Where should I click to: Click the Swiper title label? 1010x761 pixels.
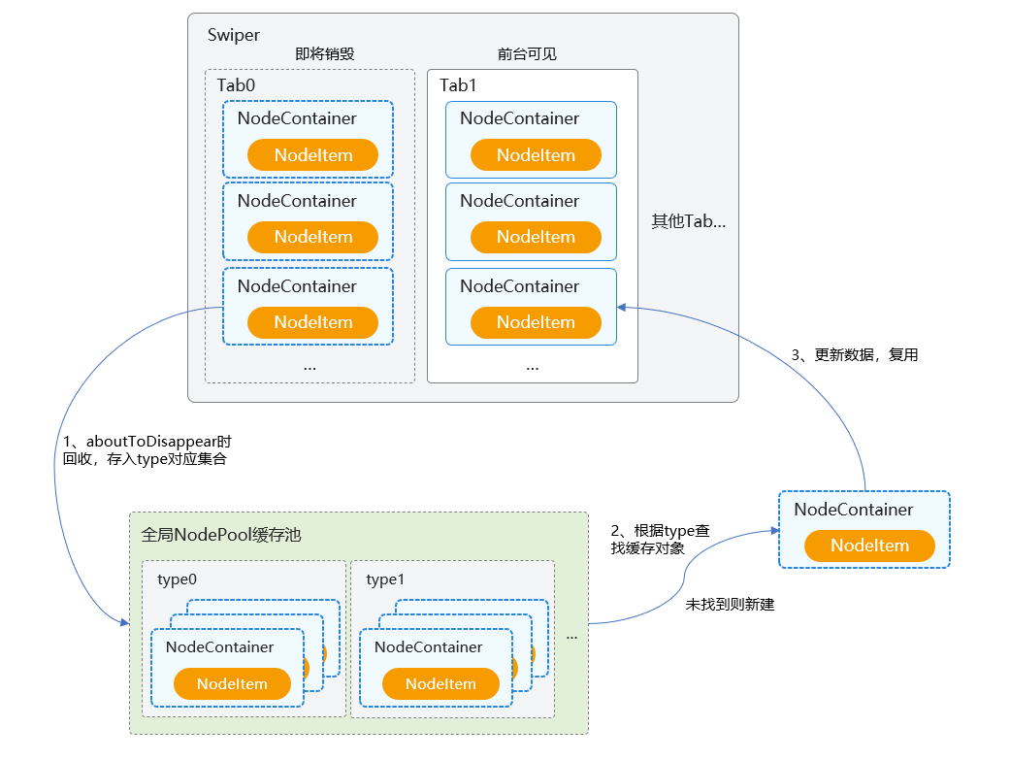point(233,35)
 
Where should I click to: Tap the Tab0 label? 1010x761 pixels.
point(236,85)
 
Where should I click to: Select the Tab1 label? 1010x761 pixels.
point(458,85)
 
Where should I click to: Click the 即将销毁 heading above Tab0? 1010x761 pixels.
point(324,54)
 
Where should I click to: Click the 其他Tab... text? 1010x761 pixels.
point(688,221)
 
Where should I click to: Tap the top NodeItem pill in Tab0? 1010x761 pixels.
point(312,155)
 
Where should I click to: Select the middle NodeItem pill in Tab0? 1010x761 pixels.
point(312,237)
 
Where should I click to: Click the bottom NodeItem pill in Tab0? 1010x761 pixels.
point(312,322)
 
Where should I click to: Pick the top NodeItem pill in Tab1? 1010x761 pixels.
point(536,155)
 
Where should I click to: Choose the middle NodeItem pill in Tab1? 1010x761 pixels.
point(536,237)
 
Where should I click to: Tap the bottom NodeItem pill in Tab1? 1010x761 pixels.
point(536,322)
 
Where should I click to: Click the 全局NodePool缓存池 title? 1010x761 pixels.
point(221,534)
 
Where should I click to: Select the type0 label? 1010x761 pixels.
point(177,579)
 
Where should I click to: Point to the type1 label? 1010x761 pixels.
point(385,579)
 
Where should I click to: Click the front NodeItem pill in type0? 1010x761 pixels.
point(232,684)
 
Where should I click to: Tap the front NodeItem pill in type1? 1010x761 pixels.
point(440,684)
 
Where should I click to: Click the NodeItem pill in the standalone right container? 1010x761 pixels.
point(869,546)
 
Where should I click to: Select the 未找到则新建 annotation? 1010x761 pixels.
point(730,605)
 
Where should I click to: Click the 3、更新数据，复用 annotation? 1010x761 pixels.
point(854,355)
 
